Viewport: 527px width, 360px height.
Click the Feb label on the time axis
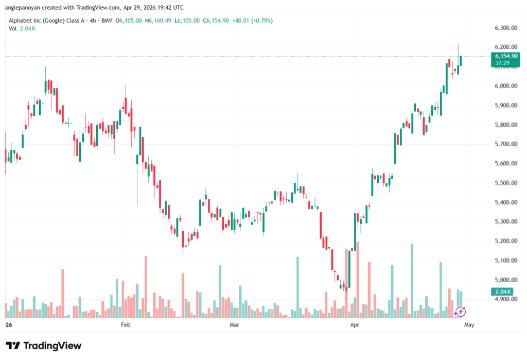(125, 325)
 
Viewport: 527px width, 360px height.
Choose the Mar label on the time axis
(235, 325)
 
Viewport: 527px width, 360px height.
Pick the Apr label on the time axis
(354, 325)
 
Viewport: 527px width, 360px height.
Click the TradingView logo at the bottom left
(44, 346)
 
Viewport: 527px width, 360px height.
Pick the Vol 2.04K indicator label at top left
(22, 28)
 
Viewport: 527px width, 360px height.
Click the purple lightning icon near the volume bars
(460, 311)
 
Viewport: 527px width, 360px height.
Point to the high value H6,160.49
(159, 20)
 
